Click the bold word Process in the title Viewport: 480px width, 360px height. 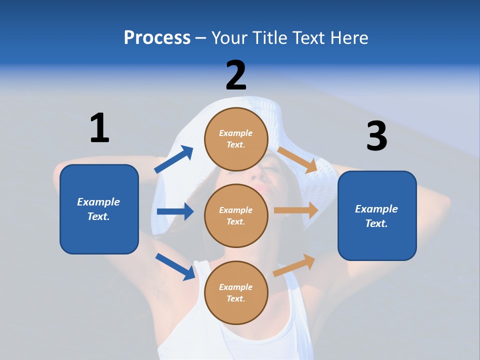coord(157,37)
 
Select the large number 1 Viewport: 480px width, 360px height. coord(99,128)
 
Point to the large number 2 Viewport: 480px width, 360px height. coord(236,75)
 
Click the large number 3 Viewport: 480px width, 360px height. coord(376,136)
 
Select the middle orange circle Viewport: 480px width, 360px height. coord(236,215)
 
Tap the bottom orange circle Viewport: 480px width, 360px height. coord(236,292)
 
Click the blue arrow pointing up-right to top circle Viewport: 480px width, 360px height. coord(173,159)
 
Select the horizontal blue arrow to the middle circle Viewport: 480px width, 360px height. coord(175,211)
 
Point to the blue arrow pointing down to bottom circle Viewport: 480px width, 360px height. coord(175,266)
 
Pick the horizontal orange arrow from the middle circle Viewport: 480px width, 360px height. coord(296,210)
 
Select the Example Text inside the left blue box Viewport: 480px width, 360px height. coord(98,209)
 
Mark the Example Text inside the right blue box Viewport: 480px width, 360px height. coord(376,216)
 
